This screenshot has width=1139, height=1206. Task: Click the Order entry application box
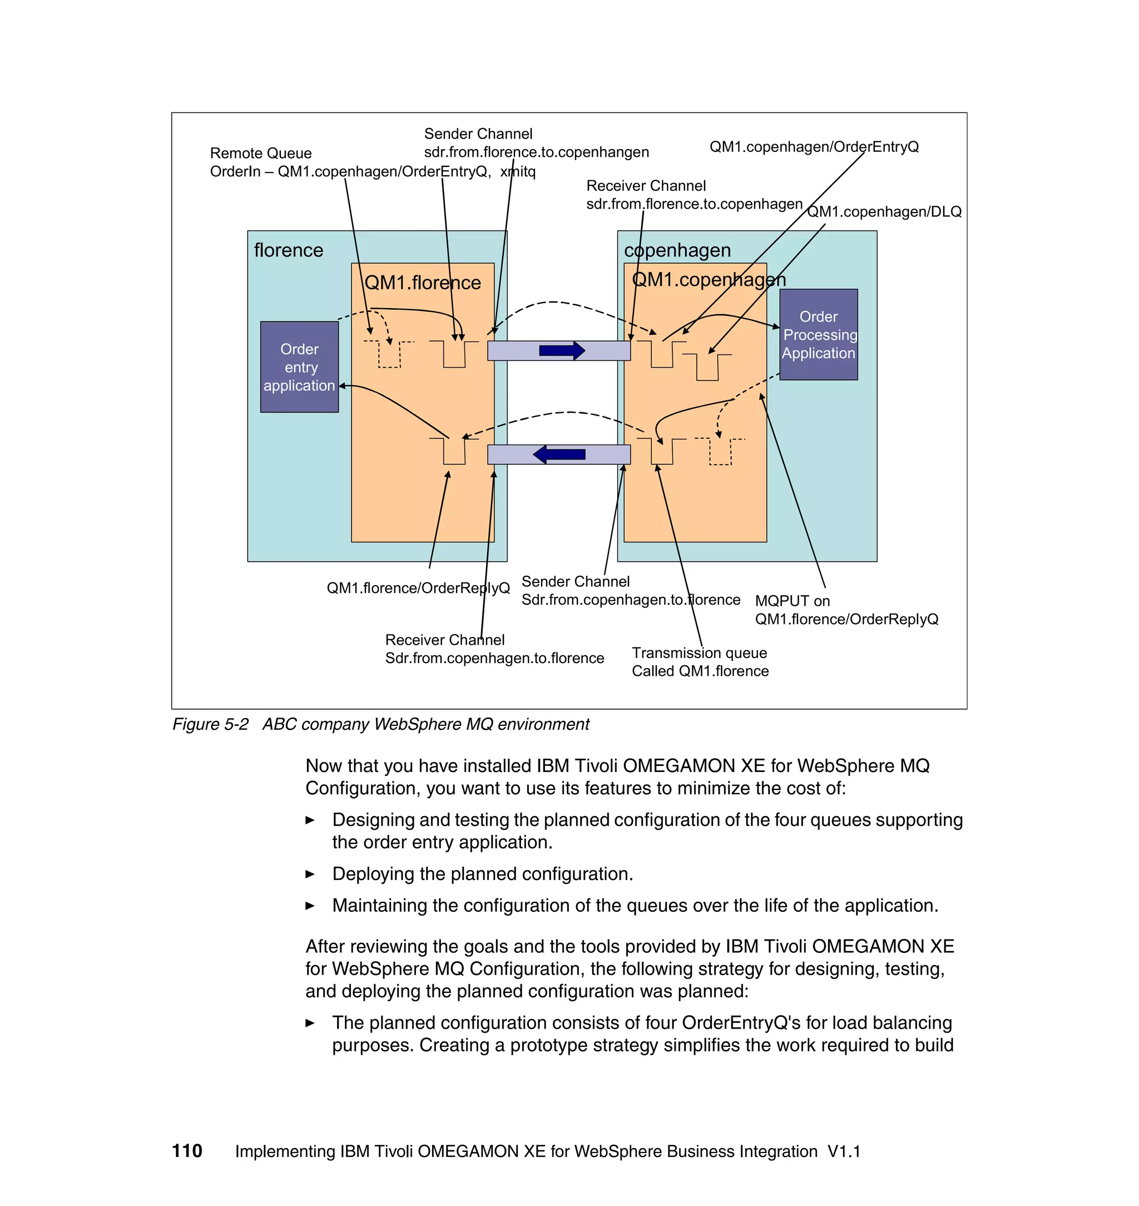[x=299, y=367]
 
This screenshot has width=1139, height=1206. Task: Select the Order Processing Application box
[x=819, y=334]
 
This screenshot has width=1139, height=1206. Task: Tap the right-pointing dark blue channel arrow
[x=562, y=350]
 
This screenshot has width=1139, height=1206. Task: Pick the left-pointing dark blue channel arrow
[x=558, y=454]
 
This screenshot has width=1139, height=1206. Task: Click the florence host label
[x=289, y=250]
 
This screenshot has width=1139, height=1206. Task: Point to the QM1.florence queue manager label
[x=423, y=283]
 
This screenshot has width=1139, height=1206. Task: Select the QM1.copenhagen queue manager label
[x=709, y=279]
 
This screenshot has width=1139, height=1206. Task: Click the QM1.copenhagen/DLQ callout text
[x=884, y=212]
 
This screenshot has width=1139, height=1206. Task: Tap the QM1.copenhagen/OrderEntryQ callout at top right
[x=814, y=147]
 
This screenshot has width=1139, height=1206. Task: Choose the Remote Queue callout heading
[x=260, y=153]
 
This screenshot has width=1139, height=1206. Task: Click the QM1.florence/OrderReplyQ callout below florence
[x=418, y=588]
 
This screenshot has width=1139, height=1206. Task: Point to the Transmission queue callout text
[x=700, y=653]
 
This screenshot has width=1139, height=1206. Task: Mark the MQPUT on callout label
[x=793, y=601]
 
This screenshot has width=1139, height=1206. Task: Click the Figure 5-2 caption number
[x=210, y=724]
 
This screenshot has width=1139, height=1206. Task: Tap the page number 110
[x=187, y=1151]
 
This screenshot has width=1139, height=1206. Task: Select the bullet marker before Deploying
[x=310, y=874]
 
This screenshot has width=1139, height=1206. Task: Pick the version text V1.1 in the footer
[x=844, y=1151]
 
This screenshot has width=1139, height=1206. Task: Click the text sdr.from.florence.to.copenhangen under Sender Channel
[x=536, y=152]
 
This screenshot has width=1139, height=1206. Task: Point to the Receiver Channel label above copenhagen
[x=646, y=186]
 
